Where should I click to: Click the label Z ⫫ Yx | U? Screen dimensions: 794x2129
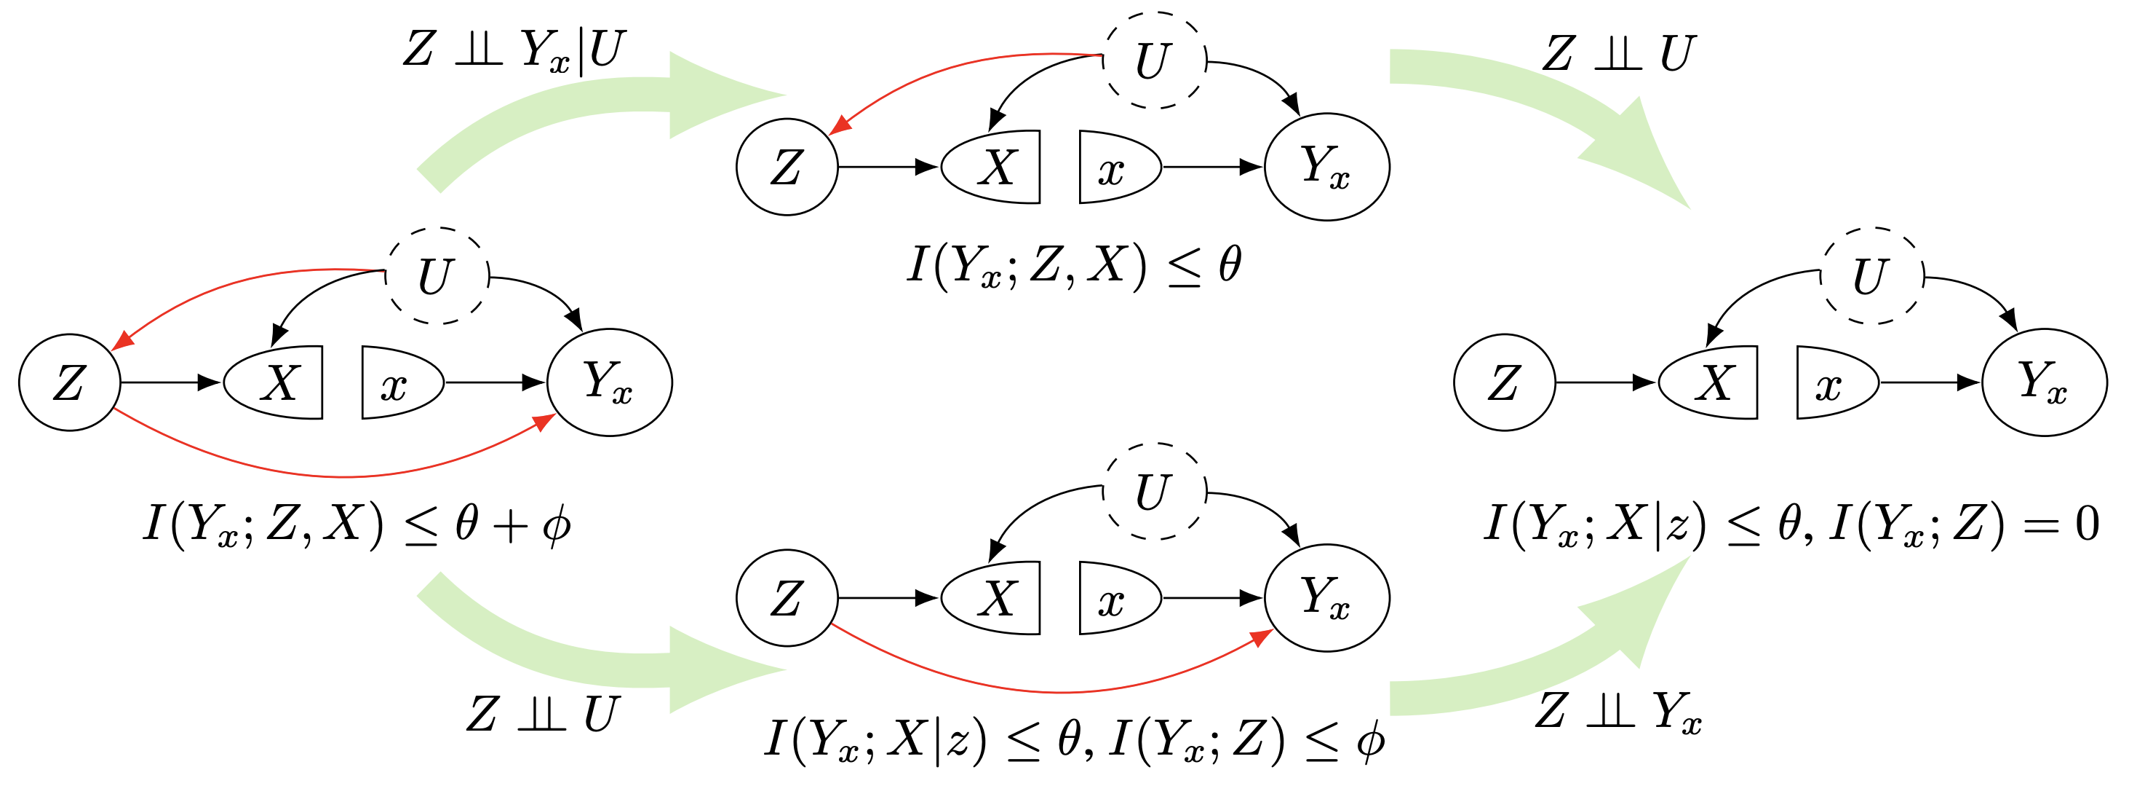[x=514, y=51]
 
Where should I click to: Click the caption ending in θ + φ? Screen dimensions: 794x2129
[x=357, y=525]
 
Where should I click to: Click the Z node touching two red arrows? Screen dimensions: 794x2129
[x=69, y=382]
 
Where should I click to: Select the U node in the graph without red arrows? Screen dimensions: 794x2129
[x=1873, y=275]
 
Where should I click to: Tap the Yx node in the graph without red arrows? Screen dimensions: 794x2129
[x=2044, y=382]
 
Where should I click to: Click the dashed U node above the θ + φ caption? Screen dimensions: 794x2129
[x=437, y=275]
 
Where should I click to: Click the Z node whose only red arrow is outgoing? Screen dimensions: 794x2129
[x=787, y=598]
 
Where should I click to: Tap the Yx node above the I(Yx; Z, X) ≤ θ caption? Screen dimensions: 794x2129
[x=1326, y=167]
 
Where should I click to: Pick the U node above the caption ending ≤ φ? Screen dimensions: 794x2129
[x=1155, y=491]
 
